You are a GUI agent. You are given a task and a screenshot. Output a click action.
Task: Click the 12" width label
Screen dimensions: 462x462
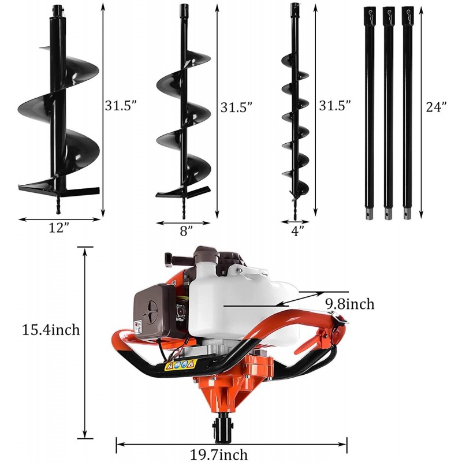[59, 228]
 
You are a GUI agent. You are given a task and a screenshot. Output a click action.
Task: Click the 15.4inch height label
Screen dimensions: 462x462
[51, 330]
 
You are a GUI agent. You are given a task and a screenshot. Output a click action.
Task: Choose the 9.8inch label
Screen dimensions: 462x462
[348, 304]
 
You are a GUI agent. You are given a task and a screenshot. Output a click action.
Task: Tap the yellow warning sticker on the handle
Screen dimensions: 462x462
[181, 365]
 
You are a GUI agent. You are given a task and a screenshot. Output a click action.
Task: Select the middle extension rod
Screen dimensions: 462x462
[388, 110]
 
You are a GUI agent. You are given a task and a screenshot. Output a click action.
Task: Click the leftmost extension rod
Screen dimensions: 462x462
[369, 110]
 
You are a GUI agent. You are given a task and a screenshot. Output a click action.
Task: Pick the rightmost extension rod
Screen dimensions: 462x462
[408, 110]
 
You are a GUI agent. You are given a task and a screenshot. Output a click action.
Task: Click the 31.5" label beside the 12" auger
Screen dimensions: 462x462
[121, 106]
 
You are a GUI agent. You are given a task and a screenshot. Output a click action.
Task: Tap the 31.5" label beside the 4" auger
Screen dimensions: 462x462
[335, 106]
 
